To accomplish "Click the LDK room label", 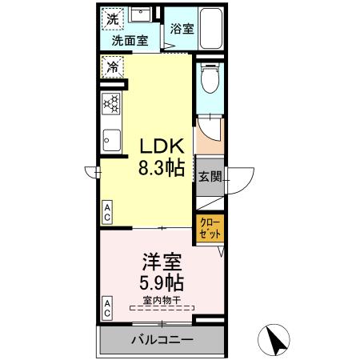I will pos(163,147).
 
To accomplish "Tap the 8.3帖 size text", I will pos(163,168).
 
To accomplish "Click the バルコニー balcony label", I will pos(162,340).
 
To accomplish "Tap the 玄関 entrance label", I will pos(210,177).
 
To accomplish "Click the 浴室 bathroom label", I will pos(182,29).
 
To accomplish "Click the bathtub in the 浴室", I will pos(212,28).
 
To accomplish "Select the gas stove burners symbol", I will pos(112,103).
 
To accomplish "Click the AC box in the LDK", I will pos(107,211).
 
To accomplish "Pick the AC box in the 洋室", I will pos(107,308).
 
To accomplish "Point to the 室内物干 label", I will pos(162,300).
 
